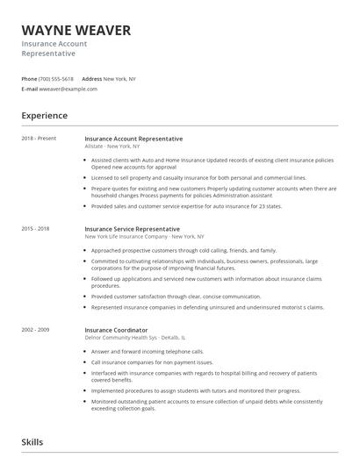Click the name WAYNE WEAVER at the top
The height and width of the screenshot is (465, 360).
pyautogui.click(x=76, y=31)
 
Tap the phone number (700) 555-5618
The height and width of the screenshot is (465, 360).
pyautogui.click(x=57, y=79)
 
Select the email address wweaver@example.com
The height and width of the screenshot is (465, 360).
pyautogui.click(x=68, y=89)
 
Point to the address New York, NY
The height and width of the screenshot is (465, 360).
pyautogui.click(x=120, y=79)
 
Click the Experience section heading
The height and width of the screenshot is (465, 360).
pyautogui.click(x=44, y=115)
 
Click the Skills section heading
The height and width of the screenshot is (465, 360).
pyautogui.click(x=32, y=442)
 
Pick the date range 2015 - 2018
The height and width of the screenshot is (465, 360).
pyautogui.click(x=35, y=228)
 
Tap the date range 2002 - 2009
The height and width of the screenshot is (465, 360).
pyautogui.click(x=35, y=329)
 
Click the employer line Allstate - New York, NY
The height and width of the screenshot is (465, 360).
pyautogui.click(x=116, y=146)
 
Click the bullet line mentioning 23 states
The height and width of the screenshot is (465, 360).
pyautogui.click(x=185, y=206)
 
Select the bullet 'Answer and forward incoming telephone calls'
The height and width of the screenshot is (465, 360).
pyautogui.click(x=158, y=351)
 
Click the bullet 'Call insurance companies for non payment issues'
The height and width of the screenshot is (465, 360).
pyautogui.click(x=164, y=361)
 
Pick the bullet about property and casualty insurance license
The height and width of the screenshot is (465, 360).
pyautogui.click(x=198, y=177)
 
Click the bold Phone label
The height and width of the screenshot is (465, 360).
pyautogui.click(x=30, y=79)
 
